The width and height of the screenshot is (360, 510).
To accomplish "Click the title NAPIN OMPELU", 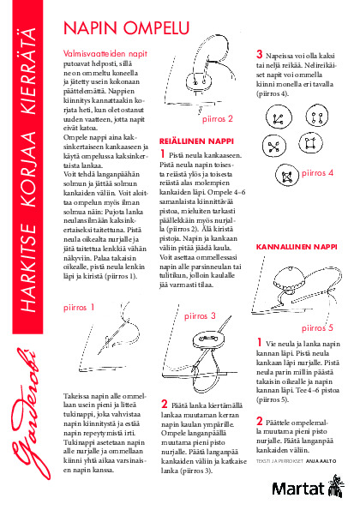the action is (x=127, y=28).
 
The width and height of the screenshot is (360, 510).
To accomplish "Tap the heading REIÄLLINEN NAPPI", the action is (x=196, y=141).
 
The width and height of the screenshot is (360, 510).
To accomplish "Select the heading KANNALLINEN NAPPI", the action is (x=297, y=247).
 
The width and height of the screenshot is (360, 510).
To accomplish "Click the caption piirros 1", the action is (x=79, y=308).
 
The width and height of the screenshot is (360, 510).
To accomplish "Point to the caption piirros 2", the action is (x=218, y=119).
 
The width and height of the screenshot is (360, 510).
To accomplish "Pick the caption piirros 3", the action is (x=200, y=315).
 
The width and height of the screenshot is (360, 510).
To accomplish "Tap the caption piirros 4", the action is (x=317, y=172).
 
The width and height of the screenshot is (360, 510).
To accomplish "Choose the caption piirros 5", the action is (x=317, y=327).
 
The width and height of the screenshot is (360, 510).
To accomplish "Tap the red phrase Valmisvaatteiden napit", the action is (x=105, y=53).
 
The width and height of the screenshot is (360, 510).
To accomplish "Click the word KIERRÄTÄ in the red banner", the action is (x=28, y=71).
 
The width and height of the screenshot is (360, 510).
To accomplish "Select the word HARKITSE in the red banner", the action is (x=28, y=267).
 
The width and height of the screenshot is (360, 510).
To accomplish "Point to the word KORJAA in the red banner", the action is (x=28, y=169).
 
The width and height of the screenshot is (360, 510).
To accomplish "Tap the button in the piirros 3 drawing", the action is (x=208, y=339).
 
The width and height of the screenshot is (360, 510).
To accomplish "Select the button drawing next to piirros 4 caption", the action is (x=287, y=175).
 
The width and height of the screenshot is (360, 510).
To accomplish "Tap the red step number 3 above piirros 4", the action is (x=259, y=54).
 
